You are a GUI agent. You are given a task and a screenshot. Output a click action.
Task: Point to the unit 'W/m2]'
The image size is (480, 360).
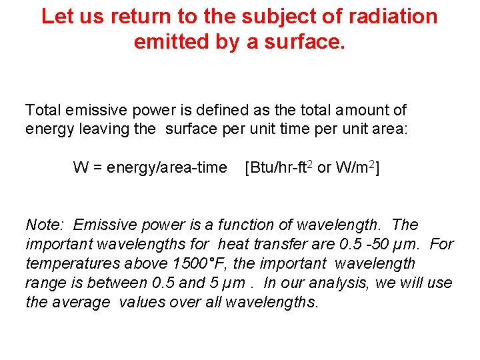point(357,167)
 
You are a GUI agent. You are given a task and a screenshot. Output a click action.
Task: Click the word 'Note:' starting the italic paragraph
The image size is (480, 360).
point(45,225)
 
